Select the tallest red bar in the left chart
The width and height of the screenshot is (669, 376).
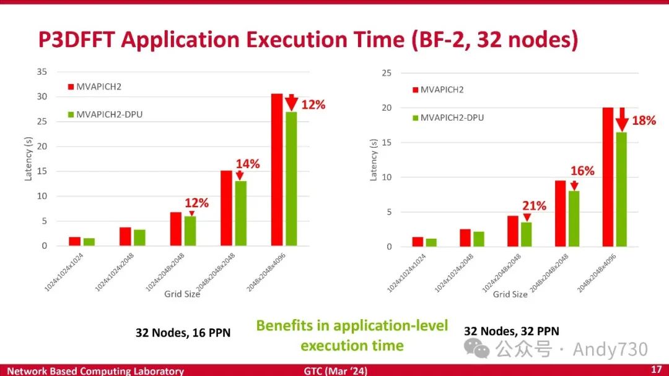coord(277,169)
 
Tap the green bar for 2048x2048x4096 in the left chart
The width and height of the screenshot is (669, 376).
coord(291,179)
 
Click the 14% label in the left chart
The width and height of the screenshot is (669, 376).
coord(247,164)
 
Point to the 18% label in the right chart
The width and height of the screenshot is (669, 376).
coord(644,121)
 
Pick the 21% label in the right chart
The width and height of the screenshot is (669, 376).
coord(534,206)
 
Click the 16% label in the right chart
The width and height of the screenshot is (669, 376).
coord(582,171)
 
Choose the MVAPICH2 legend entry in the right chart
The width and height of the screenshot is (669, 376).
coord(441,90)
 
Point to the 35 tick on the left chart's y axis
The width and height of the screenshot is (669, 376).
coord(42,72)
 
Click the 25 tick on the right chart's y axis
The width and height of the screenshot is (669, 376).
coord(388,73)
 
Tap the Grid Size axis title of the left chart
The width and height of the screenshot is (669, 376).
coord(182,294)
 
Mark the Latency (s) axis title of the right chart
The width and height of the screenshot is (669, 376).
coord(374,160)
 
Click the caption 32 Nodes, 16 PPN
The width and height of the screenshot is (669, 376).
coord(183,333)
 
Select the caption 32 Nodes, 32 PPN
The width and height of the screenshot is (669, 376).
coord(511,331)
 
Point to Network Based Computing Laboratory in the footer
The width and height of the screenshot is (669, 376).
coord(95,371)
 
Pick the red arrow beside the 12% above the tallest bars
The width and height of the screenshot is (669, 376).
coord(291,103)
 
